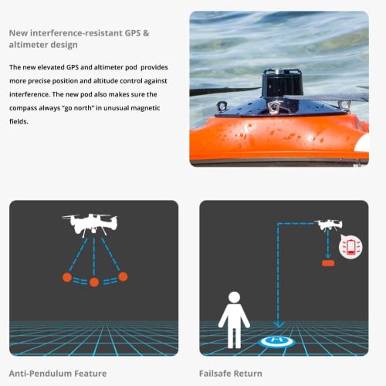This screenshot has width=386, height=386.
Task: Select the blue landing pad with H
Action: click(x=277, y=340)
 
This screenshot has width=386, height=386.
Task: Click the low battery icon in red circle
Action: click(x=350, y=247)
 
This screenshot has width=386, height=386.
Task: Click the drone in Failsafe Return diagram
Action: click(x=329, y=225)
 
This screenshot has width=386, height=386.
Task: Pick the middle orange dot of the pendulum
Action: click(x=94, y=282)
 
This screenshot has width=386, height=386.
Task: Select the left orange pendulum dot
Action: click(x=66, y=276)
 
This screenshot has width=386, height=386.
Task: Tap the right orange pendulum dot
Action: click(x=122, y=276)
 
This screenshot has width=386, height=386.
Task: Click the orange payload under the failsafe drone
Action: click(x=329, y=264)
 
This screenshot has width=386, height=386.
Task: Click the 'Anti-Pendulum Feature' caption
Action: click(x=58, y=373)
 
